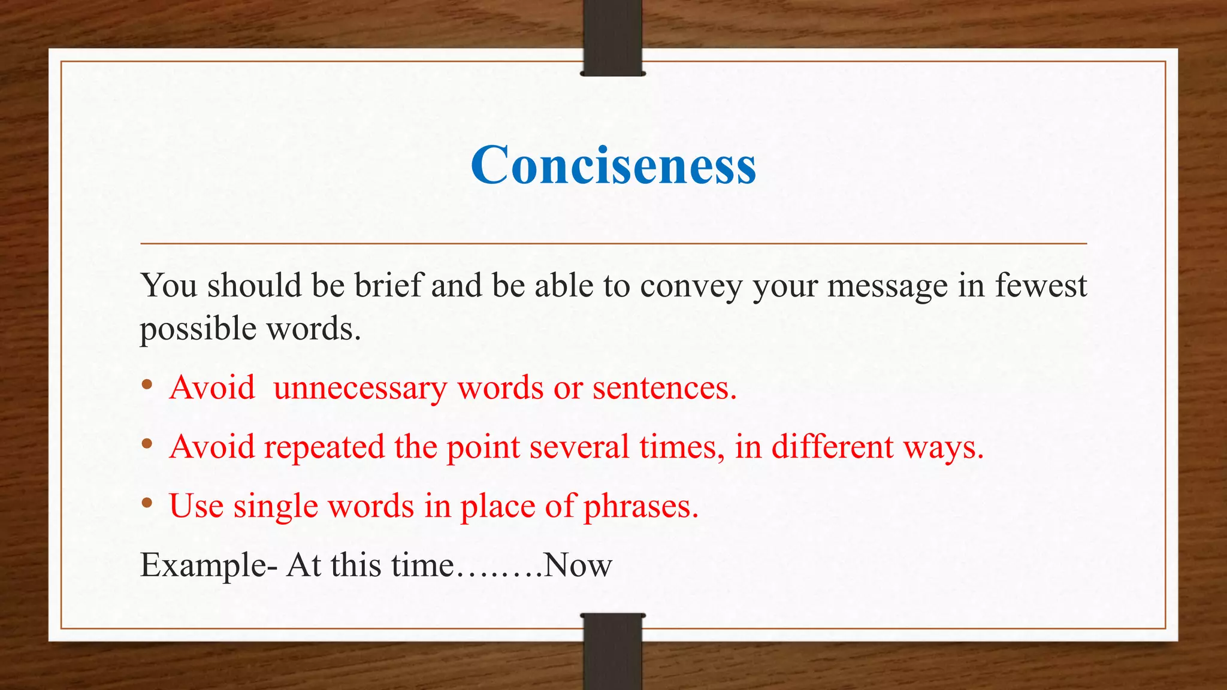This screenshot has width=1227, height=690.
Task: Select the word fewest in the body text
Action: coord(1041,286)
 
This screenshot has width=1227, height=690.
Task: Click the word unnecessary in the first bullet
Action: coord(360,388)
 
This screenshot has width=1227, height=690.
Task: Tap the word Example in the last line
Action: coord(204,565)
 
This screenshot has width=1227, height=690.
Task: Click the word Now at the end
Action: coord(578,565)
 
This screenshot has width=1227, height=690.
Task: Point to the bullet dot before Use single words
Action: coord(147,504)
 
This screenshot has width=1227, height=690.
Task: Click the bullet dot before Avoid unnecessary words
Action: coord(147,385)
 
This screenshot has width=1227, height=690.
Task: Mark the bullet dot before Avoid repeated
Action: coord(147,444)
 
